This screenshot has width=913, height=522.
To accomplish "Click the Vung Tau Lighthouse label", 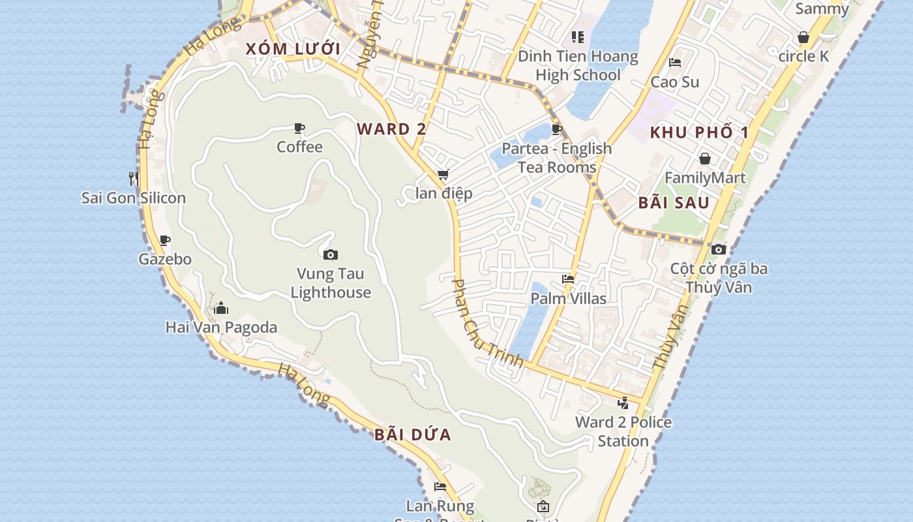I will click(x=331, y=283).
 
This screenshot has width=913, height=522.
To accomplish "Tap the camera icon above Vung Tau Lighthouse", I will click(x=331, y=254).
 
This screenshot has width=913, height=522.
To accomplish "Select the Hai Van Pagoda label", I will click(x=221, y=328).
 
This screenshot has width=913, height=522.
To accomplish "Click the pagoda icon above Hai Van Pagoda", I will click(x=221, y=308).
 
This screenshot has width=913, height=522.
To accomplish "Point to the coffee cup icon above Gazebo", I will click(x=165, y=240).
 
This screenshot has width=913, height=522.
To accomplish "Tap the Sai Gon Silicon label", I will click(x=133, y=198).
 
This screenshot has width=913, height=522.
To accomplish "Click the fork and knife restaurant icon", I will click(x=134, y=178).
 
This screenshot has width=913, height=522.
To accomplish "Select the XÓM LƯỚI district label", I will click(x=293, y=49).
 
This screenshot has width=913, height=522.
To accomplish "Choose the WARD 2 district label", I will click(x=391, y=129).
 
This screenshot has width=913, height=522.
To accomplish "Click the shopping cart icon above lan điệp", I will click(x=443, y=174).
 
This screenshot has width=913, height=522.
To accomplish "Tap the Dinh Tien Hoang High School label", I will click(x=578, y=65).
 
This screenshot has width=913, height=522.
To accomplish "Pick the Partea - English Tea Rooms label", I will click(x=557, y=158).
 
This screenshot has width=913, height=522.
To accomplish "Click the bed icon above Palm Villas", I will click(x=568, y=279).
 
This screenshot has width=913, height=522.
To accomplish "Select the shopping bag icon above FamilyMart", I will click(x=705, y=159).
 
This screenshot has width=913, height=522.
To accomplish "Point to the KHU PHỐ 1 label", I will click(x=699, y=132).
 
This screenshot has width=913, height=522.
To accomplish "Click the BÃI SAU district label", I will click(x=674, y=202).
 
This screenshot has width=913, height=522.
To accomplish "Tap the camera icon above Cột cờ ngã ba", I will click(x=719, y=249).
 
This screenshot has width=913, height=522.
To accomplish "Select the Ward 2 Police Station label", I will click(x=623, y=431).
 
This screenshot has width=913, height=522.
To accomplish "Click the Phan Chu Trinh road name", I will click(x=488, y=323).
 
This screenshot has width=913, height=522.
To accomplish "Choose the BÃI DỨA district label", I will click(x=413, y=435).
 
